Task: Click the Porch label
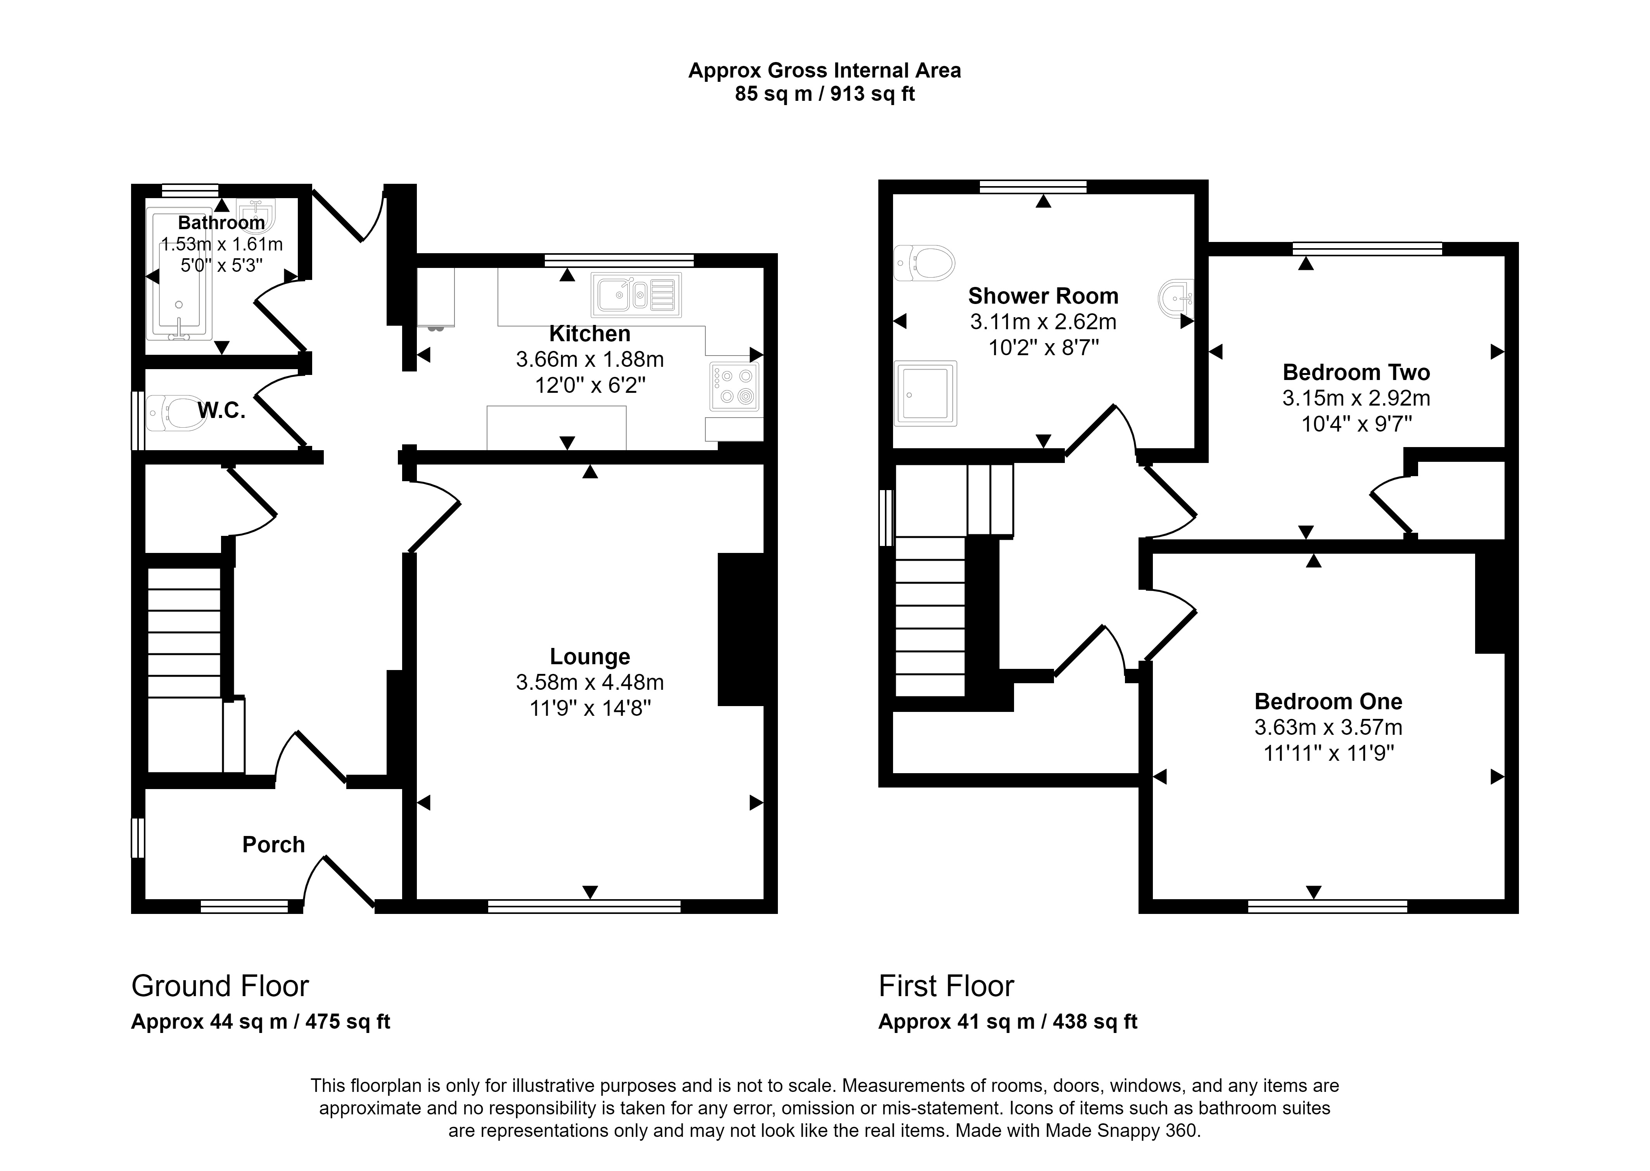point(273,845)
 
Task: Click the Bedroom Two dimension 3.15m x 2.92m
point(1356,398)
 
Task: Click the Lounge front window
point(584,907)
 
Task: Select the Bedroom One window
point(1327,907)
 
